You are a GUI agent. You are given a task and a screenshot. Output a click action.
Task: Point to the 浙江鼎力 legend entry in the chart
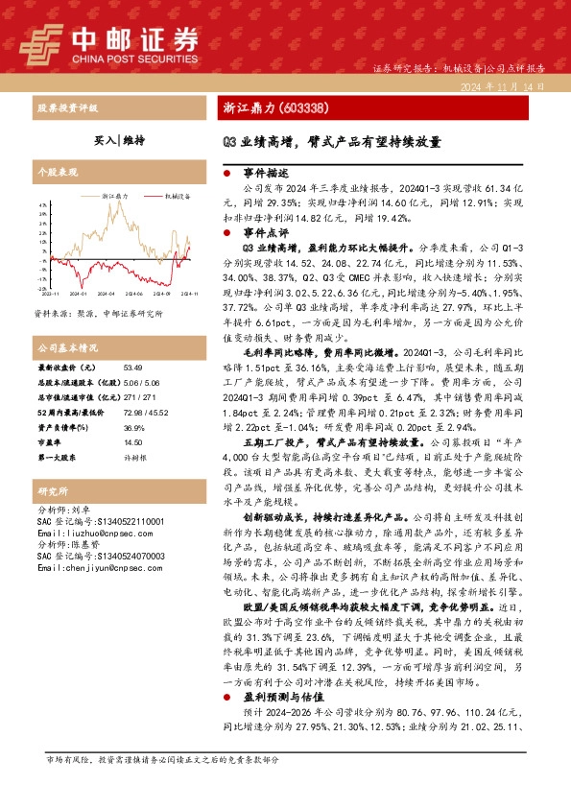click(115, 195)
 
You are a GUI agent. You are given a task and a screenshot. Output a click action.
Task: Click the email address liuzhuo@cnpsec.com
click(88, 531)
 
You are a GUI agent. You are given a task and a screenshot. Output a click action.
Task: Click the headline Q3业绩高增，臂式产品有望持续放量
click(332, 142)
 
